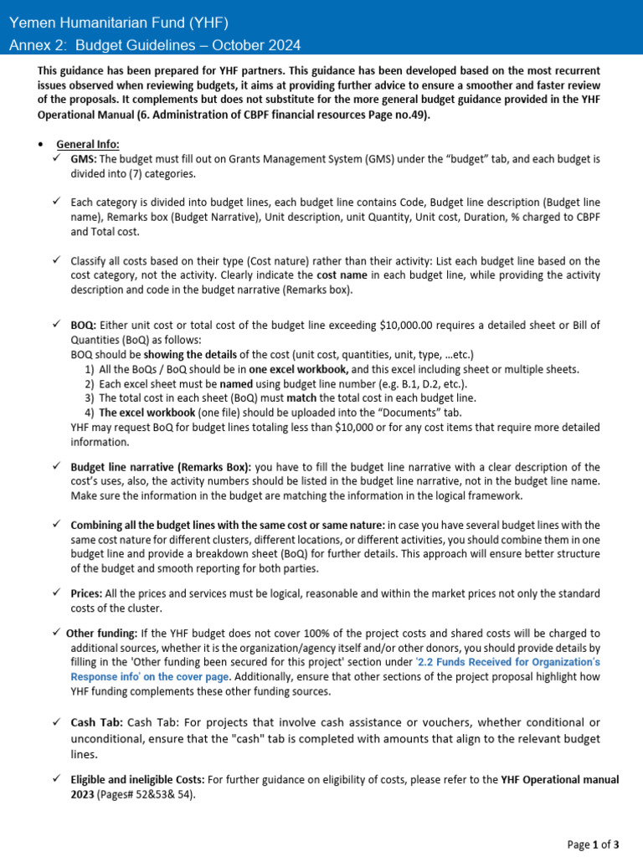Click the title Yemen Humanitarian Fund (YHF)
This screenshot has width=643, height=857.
click(x=118, y=23)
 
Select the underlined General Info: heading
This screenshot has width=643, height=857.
click(x=88, y=143)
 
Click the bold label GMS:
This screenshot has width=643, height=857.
click(x=84, y=159)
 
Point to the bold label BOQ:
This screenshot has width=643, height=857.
click(x=84, y=325)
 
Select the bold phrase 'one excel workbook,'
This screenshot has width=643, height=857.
click(x=299, y=369)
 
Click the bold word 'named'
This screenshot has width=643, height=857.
click(x=236, y=383)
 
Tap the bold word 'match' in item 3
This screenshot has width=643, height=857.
click(x=301, y=398)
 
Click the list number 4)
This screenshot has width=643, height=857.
click(x=90, y=413)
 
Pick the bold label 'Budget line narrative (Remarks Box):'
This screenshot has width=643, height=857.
click(x=161, y=467)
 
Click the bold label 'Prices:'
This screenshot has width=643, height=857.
click(x=86, y=593)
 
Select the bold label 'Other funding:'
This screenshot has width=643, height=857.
click(x=101, y=634)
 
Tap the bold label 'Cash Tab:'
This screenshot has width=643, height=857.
click(x=96, y=722)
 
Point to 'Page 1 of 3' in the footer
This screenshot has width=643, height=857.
click(x=593, y=844)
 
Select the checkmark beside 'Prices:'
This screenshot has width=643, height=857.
click(x=56, y=593)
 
